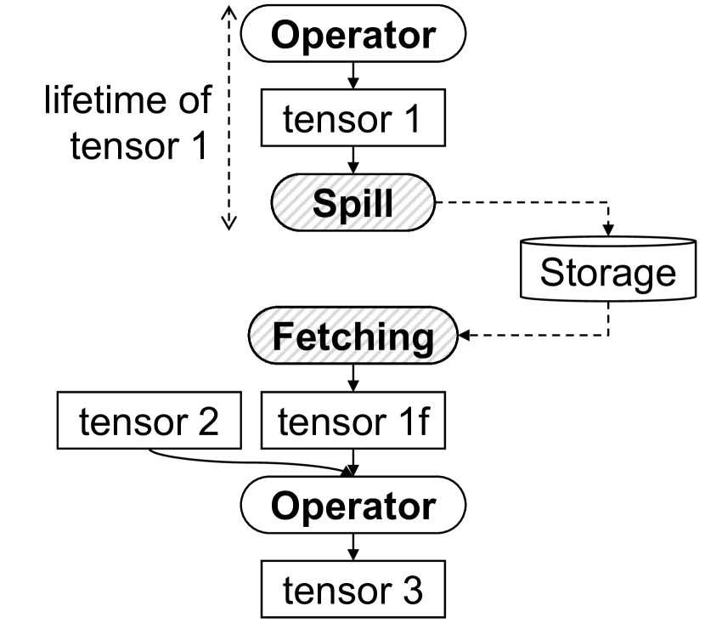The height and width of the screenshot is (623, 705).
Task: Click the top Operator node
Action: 353,36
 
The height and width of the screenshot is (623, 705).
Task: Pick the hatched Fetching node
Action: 353,337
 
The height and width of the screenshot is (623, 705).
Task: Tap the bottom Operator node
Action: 353,507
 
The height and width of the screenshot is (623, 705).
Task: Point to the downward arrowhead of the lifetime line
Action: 228,224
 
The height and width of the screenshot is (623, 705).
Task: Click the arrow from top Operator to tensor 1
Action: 353,78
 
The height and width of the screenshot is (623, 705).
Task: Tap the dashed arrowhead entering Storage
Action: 608,231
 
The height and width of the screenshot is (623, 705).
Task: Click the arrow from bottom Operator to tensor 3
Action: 353,548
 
